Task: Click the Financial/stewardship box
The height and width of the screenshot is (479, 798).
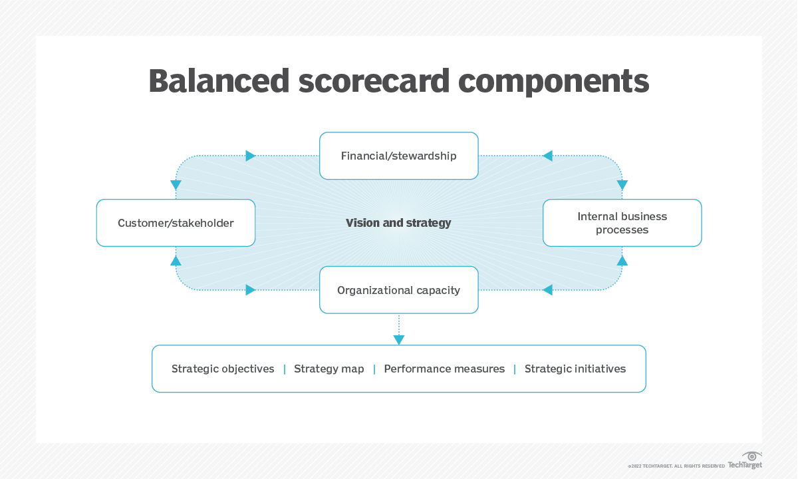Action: [x=398, y=156]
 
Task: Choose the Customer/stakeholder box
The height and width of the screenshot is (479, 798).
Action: [x=176, y=223]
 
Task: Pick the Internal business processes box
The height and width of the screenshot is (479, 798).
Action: [x=622, y=223]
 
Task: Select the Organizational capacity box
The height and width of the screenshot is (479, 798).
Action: [x=398, y=290]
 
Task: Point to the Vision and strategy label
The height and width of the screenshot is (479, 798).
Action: [x=398, y=223]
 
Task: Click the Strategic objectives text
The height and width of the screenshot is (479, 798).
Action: [x=223, y=369]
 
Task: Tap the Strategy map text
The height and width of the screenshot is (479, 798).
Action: [x=329, y=369]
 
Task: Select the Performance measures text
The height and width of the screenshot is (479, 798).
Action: [x=444, y=369]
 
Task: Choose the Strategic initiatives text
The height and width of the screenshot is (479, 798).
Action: [x=575, y=369]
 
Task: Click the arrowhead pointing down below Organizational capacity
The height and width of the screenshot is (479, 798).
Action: [x=399, y=340]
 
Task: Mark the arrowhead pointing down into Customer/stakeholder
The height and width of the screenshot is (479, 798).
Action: [x=176, y=185]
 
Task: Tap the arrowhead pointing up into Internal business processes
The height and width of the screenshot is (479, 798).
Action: [x=622, y=261]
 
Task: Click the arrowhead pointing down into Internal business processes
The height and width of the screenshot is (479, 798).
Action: [x=622, y=185]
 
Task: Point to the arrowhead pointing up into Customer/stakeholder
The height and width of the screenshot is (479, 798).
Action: [x=176, y=261]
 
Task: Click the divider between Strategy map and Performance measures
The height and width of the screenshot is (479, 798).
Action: [x=374, y=369]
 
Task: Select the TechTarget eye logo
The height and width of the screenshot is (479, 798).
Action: [x=752, y=456]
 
